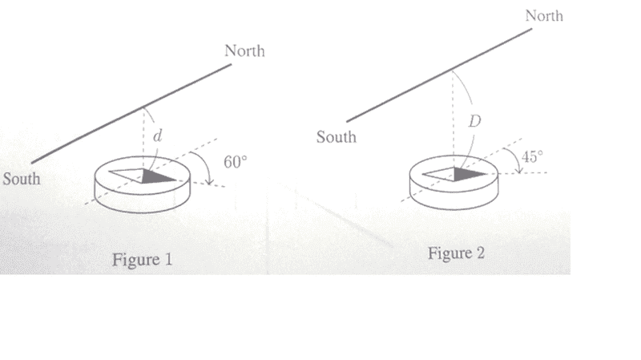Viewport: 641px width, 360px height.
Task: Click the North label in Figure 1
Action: pyautogui.click(x=244, y=51)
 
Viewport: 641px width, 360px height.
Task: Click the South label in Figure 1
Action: pyautogui.click(x=22, y=178)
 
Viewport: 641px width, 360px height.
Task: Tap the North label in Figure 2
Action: pyautogui.click(x=544, y=15)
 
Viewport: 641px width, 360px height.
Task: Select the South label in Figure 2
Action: pyautogui.click(x=336, y=136)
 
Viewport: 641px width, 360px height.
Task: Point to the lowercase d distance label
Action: pyautogui.click(x=157, y=136)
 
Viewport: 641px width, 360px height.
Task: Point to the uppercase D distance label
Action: pyautogui.click(x=474, y=121)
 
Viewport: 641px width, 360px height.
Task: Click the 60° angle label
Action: pyautogui.click(x=236, y=162)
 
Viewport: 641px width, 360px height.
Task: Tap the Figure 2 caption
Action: pyautogui.click(x=456, y=253)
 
